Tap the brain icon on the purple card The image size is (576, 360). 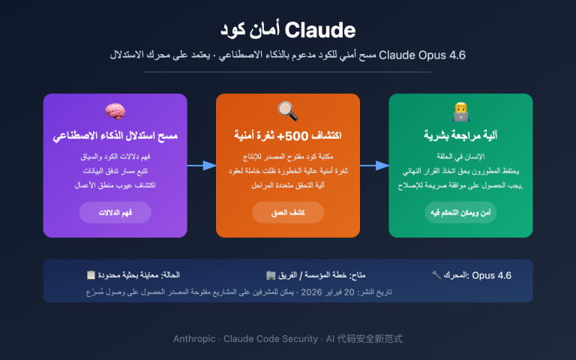coord(115,111)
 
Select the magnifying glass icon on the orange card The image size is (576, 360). coord(287,111)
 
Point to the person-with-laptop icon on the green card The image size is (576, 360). coord(460,111)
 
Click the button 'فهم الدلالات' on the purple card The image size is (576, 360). coord(115,212)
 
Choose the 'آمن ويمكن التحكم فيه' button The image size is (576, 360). coord(460,212)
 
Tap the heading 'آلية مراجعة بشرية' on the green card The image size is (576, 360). coord(460,136)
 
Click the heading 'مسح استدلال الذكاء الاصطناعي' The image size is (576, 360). coord(115,136)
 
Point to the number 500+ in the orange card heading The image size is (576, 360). coord(315,136)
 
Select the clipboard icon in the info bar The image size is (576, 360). coord(91,275)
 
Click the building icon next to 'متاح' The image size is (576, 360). coord(271,275)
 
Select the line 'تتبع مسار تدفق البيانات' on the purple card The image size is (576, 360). coord(115,171)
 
